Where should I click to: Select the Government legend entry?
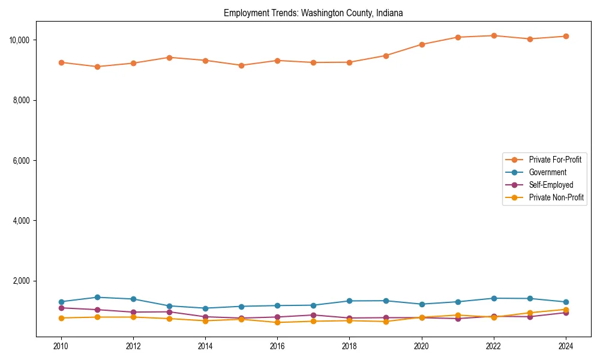tap(547, 172)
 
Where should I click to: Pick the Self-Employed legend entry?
tap(551, 185)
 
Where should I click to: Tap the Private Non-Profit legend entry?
tap(556, 197)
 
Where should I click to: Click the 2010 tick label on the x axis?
tap(61, 346)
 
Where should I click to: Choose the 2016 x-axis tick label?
tap(277, 346)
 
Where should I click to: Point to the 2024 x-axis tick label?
tap(566, 346)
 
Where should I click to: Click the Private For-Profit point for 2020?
tap(422, 44)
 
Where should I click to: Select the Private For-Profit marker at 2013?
tap(169, 58)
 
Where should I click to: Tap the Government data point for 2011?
tap(97, 297)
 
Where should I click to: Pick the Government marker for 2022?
tap(494, 298)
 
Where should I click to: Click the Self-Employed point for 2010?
tap(61, 308)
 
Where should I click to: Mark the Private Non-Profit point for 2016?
tap(277, 322)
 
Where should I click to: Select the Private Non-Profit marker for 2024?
tap(566, 310)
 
